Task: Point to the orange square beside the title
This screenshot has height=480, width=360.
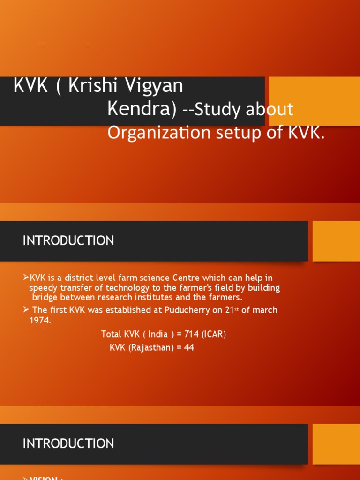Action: click(x=314, y=101)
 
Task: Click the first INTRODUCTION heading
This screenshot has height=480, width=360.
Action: click(x=68, y=241)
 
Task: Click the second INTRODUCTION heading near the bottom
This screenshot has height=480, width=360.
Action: click(x=68, y=443)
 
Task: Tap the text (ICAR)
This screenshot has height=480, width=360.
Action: click(x=214, y=334)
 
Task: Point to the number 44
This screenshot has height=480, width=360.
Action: click(x=189, y=347)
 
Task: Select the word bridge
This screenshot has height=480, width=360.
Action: click(x=45, y=297)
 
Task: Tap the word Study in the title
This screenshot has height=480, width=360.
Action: click(x=217, y=109)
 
